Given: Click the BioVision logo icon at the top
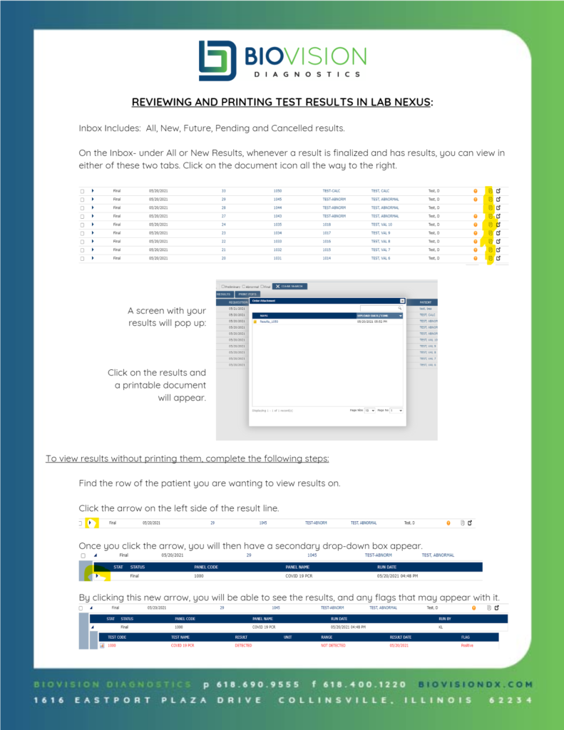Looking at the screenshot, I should pyautogui.click(x=216, y=61).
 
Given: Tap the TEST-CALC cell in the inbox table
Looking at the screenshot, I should pyautogui.click(x=332, y=191).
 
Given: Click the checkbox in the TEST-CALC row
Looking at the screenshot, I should pyautogui.click(x=82, y=191).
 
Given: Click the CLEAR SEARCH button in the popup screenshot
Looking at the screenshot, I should pyautogui.click(x=289, y=286).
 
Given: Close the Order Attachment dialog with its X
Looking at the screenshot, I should pyautogui.click(x=402, y=301).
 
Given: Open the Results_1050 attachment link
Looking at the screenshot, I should pyautogui.click(x=269, y=322).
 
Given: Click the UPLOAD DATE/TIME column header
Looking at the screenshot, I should pyautogui.click(x=374, y=315).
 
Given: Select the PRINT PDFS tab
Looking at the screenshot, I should pyautogui.click(x=248, y=294).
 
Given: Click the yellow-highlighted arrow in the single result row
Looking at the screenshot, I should pyautogui.click(x=91, y=523).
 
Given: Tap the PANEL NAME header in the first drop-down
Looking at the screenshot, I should pyautogui.click(x=299, y=567).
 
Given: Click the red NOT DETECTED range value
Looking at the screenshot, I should pyautogui.click(x=333, y=645).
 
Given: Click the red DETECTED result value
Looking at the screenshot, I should pyautogui.click(x=243, y=645).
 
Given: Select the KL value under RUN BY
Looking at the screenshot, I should pyautogui.click(x=440, y=627).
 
